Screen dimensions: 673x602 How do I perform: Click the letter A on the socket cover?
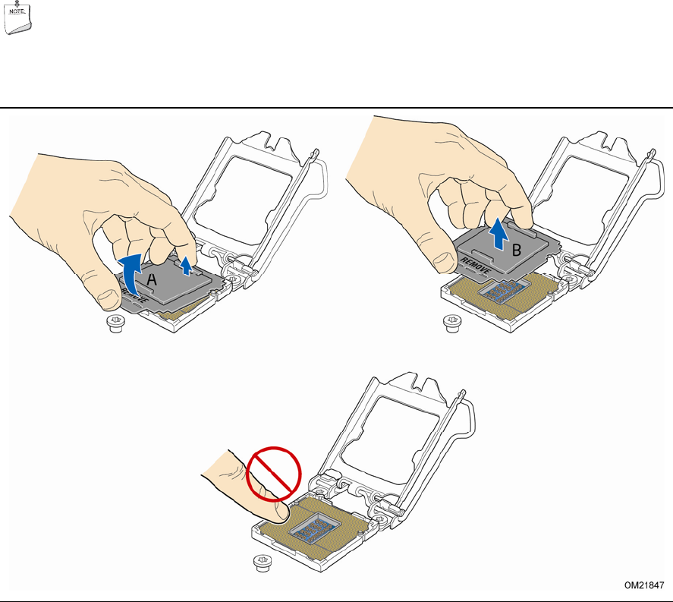click(x=152, y=280)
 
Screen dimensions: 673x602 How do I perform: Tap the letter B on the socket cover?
click(x=517, y=250)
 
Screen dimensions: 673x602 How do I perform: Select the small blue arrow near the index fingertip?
click(x=186, y=266)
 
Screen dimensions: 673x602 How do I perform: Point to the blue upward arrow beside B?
click(x=498, y=233)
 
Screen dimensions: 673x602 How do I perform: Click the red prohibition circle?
click(x=274, y=474)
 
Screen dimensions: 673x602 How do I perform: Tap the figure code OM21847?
click(x=644, y=585)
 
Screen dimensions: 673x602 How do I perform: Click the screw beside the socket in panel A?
click(x=115, y=323)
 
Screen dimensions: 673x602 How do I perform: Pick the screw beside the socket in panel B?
click(x=452, y=323)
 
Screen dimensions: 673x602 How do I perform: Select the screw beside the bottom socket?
click(x=263, y=563)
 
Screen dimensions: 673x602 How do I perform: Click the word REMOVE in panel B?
click(x=475, y=266)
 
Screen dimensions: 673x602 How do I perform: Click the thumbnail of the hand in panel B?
click(x=443, y=261)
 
